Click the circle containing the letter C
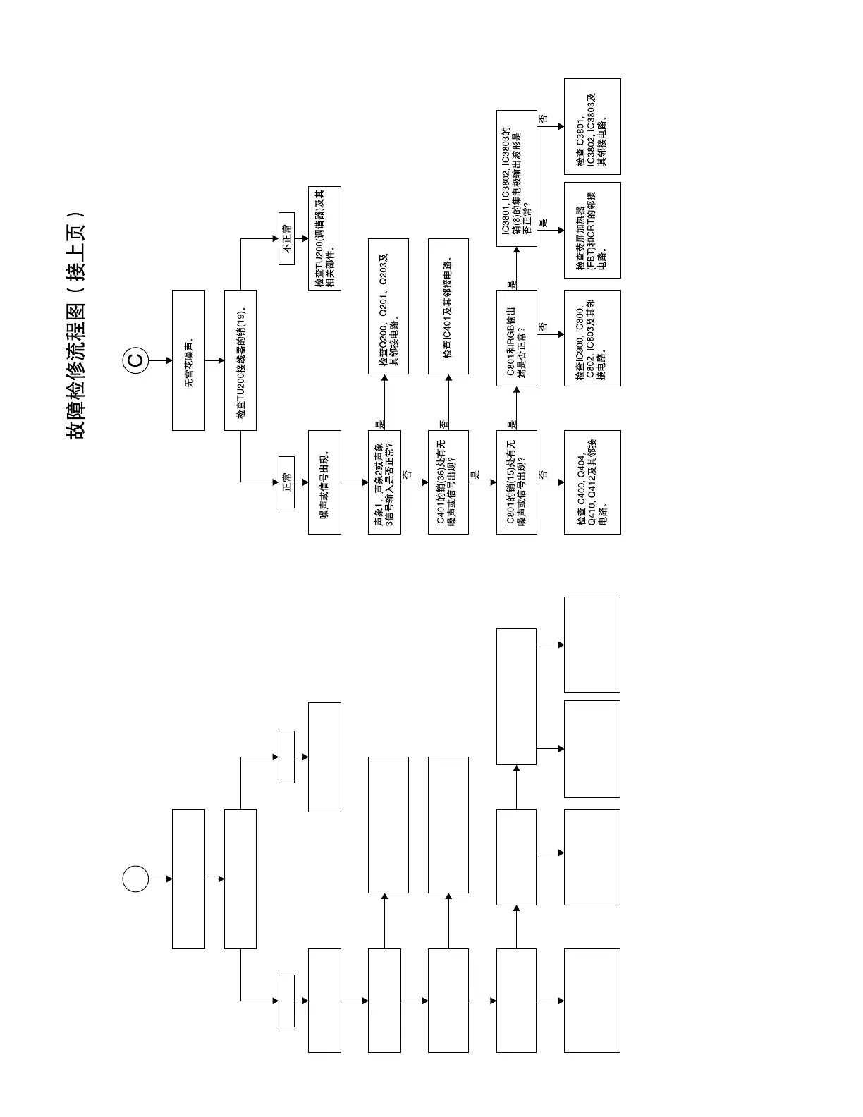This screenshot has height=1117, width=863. (135, 360)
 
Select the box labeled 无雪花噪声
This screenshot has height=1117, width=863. (188, 360)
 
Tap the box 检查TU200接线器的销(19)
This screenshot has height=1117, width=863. (240, 360)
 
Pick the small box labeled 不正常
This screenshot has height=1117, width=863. (286, 238)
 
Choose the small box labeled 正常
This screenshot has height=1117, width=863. (286, 482)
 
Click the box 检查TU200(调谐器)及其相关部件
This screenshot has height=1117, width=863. (324, 238)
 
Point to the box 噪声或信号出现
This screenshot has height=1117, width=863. (324, 482)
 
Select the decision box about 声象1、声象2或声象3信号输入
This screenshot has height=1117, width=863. (384, 482)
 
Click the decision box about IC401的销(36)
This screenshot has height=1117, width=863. (448, 482)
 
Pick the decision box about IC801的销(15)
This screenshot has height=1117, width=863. (516, 482)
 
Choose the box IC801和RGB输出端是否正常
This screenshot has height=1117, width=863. (516, 338)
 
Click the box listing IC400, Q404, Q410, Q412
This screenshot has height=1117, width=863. (592, 482)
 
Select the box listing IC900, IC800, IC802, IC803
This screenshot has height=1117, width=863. (592, 338)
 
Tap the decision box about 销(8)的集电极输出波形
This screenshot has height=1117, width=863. (516, 178)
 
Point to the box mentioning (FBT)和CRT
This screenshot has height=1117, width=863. (592, 230)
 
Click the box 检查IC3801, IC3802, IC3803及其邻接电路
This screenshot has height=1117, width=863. (592, 127)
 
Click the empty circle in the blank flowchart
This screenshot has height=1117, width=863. (135, 879)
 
